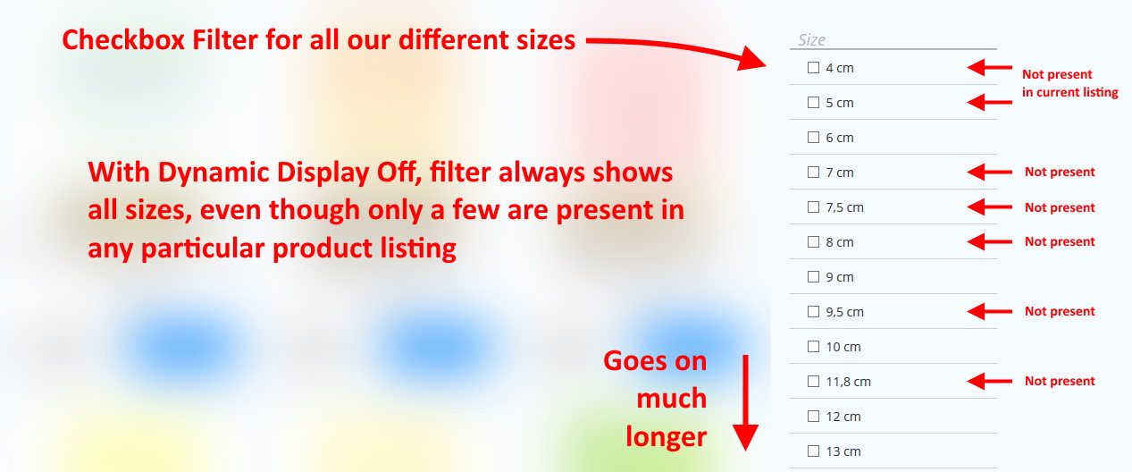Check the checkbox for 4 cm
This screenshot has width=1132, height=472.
pos(813,67)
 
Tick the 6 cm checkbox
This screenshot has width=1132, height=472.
pos(813,137)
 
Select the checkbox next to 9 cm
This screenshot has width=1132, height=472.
pos(813,277)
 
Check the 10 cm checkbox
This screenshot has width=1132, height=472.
pos(813,347)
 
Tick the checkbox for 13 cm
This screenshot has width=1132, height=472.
pos(813,451)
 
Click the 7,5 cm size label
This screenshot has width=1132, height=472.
pos(844,207)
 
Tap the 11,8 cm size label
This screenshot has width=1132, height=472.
pos(848,382)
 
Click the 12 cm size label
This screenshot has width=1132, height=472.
pos(843,417)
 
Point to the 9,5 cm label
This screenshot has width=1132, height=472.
pos(844,312)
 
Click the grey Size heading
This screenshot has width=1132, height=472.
pos(811,39)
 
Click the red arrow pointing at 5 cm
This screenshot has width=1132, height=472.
pos(989,102)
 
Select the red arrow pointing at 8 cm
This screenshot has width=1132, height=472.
pos(989,242)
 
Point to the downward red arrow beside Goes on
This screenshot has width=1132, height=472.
pos(745,402)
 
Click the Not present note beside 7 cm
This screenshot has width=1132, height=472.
pos(1060,172)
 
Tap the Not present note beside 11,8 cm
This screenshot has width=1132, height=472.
pos(1060,381)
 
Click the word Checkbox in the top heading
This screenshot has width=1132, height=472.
pos(123,39)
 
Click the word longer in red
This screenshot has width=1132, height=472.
pos(666,437)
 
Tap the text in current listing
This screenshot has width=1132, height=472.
pos(1069,93)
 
